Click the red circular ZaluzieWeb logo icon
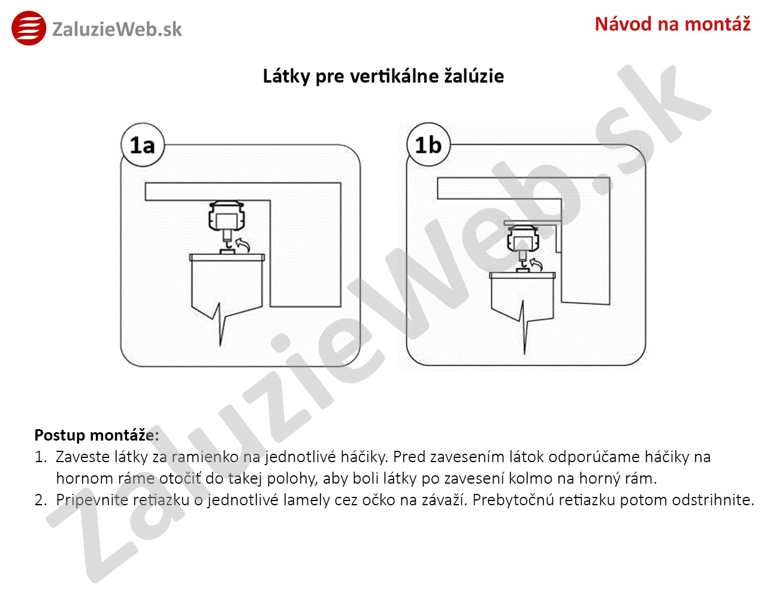[x=29, y=28]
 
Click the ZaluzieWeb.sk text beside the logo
[x=117, y=29]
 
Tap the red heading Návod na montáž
[x=672, y=24]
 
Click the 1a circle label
[x=142, y=145]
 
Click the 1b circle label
[x=428, y=145]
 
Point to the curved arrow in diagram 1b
[x=536, y=264]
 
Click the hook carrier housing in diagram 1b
[x=523, y=238]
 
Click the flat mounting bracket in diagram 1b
[x=532, y=222]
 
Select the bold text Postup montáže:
[x=96, y=435]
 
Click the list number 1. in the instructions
[x=40, y=457]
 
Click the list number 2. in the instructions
[x=40, y=500]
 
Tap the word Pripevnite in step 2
[x=92, y=500]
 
